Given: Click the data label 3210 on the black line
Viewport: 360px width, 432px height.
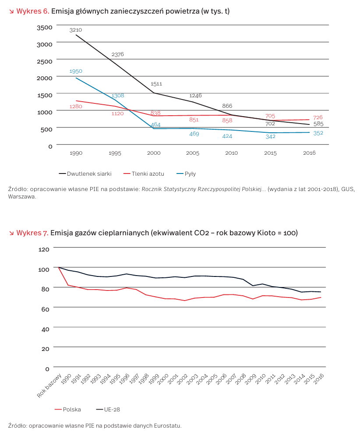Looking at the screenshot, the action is point(75,30).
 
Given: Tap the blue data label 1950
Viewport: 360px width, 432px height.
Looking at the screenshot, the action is point(76,71).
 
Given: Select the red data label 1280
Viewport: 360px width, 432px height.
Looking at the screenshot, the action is point(76,106).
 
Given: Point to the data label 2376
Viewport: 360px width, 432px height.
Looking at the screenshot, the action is point(118,54).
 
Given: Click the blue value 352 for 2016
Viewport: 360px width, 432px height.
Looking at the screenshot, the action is point(318,133).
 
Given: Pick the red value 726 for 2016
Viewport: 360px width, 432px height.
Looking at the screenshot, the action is point(318,117).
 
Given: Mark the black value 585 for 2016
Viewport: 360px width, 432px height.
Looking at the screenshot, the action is point(318,124).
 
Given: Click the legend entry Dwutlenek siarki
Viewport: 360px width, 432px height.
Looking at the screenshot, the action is point(85,174).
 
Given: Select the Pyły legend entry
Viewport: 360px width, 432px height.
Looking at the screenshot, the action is point(186,174).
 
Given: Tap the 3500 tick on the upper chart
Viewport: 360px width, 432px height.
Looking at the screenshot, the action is point(45,27).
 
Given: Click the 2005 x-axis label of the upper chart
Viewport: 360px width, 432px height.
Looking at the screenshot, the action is point(193,153).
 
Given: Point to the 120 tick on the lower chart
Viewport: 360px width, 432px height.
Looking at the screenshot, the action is point(44,249).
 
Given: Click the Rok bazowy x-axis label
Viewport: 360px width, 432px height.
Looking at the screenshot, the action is point(49,386).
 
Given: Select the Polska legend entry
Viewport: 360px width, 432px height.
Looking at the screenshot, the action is point(68,409).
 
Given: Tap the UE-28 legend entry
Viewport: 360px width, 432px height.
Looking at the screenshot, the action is point(108,409).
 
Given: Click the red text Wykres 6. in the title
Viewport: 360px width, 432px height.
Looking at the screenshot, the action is point(33,11).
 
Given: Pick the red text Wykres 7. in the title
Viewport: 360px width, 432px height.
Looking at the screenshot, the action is point(32,233).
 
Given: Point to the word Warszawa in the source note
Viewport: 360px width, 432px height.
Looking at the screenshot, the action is point(22,197).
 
